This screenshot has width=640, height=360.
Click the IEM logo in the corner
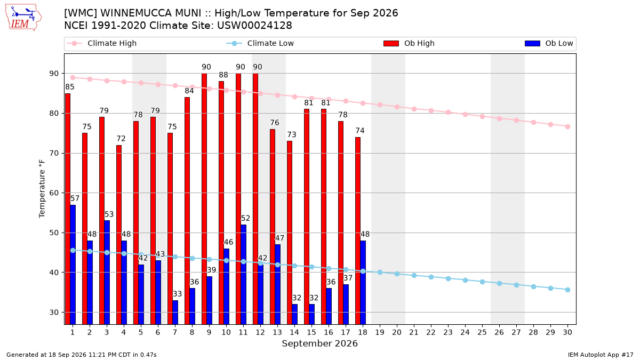click(x=23, y=18)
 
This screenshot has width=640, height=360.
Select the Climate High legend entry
click(x=101, y=43)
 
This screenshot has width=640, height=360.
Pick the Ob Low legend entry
click(x=549, y=43)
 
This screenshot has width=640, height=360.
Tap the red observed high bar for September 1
click(x=68, y=209)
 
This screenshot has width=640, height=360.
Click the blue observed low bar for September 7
click(x=175, y=313)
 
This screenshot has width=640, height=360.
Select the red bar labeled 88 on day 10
click(x=221, y=203)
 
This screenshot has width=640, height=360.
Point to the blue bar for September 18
click(x=363, y=282)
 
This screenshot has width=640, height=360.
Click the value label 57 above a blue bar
click(x=75, y=198)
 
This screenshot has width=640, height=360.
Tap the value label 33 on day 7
click(x=177, y=294)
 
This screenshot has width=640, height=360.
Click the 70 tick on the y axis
click(x=54, y=154)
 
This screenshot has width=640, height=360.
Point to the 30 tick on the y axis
click(x=54, y=313)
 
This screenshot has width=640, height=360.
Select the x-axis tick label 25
click(x=482, y=332)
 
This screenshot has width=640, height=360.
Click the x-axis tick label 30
click(x=567, y=332)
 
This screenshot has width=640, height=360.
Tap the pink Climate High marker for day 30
click(x=567, y=126)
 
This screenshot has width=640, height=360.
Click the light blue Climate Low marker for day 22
click(x=431, y=277)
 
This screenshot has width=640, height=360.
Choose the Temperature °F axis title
click(x=42, y=189)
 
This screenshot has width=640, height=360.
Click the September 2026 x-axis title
click(x=319, y=343)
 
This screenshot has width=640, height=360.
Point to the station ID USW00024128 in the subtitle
click(x=254, y=26)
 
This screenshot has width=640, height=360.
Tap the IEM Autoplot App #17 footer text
click(x=601, y=355)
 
